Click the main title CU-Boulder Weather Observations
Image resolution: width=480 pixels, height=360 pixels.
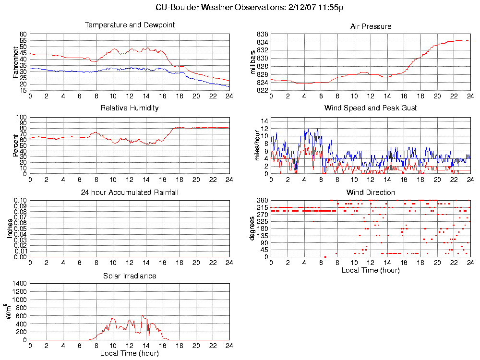[250, 7]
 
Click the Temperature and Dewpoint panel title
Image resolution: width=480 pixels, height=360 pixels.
[130, 24]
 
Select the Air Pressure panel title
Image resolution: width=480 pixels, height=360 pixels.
[371, 26]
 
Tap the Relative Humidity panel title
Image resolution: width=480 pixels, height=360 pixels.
[130, 108]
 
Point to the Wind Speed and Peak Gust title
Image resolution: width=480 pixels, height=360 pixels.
[371, 108]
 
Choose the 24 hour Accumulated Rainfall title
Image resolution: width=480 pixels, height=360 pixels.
[130, 192]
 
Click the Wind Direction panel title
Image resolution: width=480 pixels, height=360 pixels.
[371, 192]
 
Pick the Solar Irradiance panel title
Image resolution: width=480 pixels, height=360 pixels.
[130, 276]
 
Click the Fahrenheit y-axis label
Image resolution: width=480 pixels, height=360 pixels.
[16, 62]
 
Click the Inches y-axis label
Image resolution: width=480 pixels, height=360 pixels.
[10, 228]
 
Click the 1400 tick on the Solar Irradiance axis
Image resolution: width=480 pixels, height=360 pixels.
[20, 284]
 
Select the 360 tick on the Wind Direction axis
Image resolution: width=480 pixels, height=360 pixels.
[263, 200]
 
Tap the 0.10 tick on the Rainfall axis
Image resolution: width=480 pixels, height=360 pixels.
[20, 200]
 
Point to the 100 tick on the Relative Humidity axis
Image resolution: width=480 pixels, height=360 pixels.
[22, 117]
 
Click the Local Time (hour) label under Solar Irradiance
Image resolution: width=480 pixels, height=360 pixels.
[130, 353]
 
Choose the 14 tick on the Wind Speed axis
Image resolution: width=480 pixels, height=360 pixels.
[264, 120]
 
